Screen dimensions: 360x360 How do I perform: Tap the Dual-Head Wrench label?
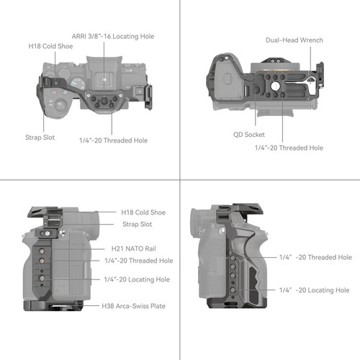294,40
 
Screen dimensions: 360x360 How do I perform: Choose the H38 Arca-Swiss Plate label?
135,306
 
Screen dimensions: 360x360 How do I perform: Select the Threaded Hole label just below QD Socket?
289,148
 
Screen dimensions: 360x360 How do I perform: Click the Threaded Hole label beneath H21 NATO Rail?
138,261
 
